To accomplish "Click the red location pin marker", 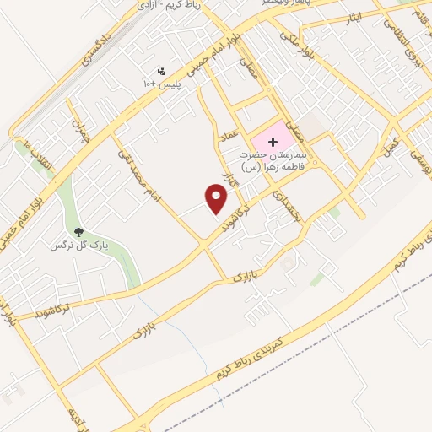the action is point(217,199).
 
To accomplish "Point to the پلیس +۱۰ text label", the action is point(161,85).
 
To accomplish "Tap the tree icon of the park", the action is point(78,231).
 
